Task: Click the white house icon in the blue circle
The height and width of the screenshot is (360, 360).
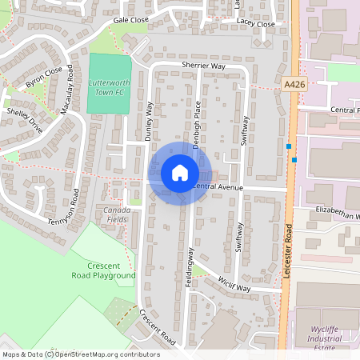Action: (x=179, y=173)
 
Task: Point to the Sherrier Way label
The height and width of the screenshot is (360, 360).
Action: (x=203, y=66)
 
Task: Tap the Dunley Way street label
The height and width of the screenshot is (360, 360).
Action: (x=149, y=122)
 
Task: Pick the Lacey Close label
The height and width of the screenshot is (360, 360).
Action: (x=255, y=25)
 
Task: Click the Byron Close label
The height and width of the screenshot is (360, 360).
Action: (x=44, y=77)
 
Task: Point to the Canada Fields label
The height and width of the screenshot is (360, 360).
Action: (x=117, y=214)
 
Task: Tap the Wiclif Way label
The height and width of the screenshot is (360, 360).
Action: (x=234, y=282)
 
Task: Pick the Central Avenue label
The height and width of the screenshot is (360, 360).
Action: (x=218, y=186)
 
